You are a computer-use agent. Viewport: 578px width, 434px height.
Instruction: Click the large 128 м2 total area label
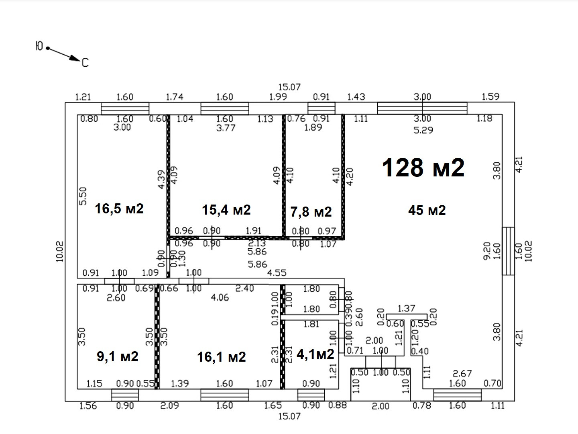coord(423,167)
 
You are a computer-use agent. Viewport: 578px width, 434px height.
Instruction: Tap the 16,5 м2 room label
coord(119,209)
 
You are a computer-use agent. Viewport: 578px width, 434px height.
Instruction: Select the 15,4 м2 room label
coord(226,209)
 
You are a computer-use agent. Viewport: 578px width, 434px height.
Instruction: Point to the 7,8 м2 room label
coord(311,211)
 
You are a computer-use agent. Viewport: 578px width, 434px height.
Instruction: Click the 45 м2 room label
coord(427,210)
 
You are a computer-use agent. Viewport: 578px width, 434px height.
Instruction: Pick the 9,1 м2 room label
coord(118,356)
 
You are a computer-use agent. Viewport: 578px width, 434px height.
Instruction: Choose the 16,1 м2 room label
coord(222,356)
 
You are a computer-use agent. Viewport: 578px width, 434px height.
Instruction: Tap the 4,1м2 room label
coord(315,354)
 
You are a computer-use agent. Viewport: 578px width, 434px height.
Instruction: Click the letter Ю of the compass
coord(39,46)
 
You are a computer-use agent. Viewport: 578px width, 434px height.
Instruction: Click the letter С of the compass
coord(85,63)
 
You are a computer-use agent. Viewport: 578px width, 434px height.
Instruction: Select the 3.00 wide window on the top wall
coord(422,108)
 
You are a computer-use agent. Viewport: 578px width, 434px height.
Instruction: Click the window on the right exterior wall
coord(508,251)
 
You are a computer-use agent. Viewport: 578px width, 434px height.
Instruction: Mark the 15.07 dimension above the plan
coord(289,87)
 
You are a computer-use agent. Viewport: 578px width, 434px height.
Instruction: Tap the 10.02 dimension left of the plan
coord(60,251)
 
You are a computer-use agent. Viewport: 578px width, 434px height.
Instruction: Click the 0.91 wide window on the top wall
coord(321,108)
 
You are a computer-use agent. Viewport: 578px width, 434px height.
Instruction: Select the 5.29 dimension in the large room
coord(423,130)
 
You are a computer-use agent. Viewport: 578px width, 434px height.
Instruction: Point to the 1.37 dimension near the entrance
coord(406,308)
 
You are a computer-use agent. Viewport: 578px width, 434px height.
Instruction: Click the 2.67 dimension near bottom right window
coord(462,374)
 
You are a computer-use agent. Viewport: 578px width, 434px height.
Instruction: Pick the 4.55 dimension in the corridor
coord(277,273)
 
